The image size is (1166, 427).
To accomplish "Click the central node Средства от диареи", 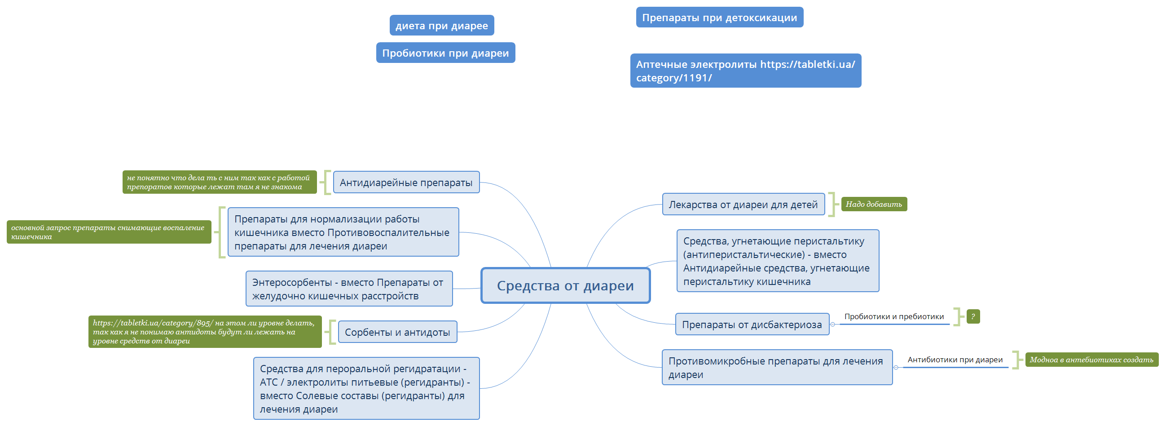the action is [565, 285].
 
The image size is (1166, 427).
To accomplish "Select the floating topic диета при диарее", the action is [442, 25].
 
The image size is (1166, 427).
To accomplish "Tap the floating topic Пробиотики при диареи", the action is [445, 53].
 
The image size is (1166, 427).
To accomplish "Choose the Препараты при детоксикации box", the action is [719, 17].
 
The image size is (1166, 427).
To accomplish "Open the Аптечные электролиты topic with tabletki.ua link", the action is [745, 71].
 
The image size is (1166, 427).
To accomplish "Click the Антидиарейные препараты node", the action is [406, 182].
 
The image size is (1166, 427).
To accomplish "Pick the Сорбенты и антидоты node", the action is [397, 332].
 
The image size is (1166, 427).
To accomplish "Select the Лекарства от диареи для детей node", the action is [743, 204].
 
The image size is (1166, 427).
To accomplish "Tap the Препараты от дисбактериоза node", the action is [752, 324].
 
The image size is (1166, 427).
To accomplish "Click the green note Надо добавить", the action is [874, 204].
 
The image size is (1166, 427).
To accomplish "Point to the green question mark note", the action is [973, 316].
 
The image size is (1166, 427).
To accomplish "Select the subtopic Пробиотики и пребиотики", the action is [894, 316].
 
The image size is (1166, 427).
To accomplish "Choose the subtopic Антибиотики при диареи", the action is [955, 360].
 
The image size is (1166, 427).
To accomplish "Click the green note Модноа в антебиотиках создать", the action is [1091, 360].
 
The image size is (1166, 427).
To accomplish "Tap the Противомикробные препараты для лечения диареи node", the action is [777, 367].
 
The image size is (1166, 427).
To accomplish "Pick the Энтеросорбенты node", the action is [349, 289].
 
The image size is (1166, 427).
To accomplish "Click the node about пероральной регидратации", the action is [366, 388].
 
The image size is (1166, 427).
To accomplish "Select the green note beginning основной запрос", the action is [109, 231].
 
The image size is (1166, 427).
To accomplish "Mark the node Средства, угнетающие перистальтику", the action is [778, 261].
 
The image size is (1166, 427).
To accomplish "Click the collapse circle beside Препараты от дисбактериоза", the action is [832, 325].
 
